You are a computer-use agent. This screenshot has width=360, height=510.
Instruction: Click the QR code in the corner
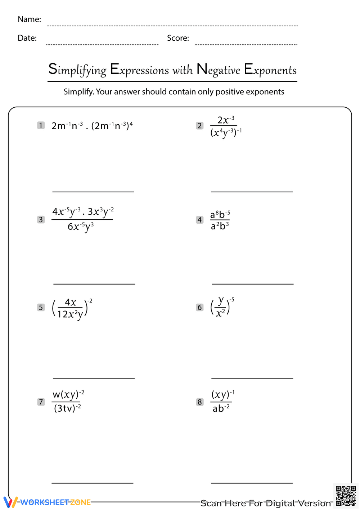(x=346, y=496)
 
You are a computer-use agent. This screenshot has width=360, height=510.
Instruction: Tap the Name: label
(x=29, y=19)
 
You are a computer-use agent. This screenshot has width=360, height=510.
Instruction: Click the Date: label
(x=27, y=38)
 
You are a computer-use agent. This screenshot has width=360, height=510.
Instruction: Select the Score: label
(x=178, y=38)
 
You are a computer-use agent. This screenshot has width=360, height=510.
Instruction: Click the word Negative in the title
(x=219, y=70)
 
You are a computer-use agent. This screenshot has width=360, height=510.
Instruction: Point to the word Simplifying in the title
(x=77, y=70)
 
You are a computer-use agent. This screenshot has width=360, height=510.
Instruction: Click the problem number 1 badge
(x=41, y=125)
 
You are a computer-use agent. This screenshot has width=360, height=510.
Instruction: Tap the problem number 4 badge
(x=200, y=220)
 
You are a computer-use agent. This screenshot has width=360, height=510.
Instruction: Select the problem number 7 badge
(x=41, y=402)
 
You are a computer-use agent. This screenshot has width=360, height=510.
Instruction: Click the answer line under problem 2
(x=252, y=192)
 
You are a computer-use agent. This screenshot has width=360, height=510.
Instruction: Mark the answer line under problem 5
(x=94, y=379)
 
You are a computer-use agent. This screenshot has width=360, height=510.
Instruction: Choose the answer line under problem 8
(x=252, y=483)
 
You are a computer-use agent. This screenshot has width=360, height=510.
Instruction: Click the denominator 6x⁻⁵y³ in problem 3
(x=81, y=227)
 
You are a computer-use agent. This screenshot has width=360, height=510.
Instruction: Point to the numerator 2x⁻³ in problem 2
(x=226, y=120)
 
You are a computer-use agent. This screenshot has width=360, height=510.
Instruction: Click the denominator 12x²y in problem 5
(x=70, y=314)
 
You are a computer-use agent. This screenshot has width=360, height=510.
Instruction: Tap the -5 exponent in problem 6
(x=232, y=300)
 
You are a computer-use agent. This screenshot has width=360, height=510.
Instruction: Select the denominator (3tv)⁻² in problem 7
(x=67, y=408)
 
